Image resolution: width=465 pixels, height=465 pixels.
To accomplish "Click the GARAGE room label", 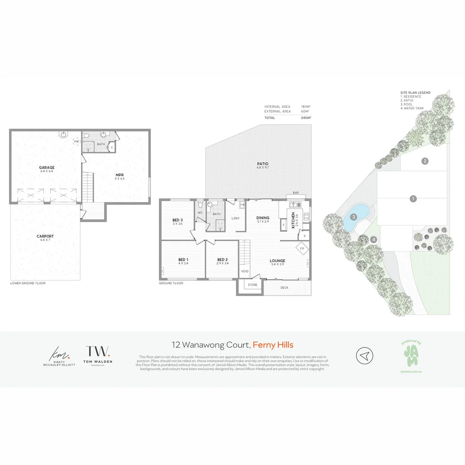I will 46,167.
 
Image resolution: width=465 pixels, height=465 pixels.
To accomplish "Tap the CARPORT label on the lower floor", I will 45,236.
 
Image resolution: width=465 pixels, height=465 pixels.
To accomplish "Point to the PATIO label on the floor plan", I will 263,164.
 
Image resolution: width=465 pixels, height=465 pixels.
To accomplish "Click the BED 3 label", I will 177,220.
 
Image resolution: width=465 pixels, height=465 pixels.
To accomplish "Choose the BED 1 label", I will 183,260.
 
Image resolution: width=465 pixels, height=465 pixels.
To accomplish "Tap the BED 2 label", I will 223,260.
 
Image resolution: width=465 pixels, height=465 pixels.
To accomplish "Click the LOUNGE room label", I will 277,260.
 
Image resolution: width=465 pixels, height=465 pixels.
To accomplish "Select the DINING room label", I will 263,218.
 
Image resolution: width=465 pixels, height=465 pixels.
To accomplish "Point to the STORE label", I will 253,285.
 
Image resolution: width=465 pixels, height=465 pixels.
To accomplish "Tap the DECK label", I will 284,288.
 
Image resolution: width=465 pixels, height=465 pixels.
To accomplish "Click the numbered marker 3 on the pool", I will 353,217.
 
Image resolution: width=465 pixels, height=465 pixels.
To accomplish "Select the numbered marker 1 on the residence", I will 413,198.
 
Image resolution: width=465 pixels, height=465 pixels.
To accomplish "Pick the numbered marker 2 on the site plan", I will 425,161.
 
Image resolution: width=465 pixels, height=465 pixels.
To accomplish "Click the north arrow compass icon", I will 364,356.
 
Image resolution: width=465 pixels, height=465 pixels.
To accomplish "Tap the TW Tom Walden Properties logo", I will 98,354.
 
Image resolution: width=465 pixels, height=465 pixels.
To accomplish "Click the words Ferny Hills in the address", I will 273,344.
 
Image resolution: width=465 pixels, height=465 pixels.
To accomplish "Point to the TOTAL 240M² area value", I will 306,117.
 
